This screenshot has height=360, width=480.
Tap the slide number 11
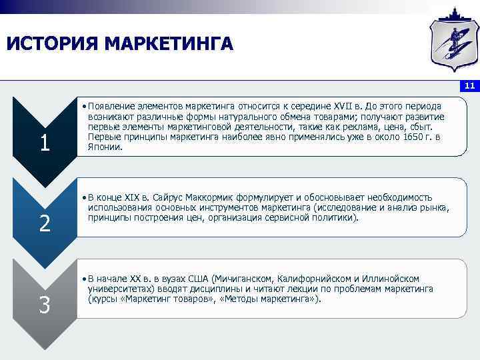[469, 86]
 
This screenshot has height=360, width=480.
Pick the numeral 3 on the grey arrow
[45, 305]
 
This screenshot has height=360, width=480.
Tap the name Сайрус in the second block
[170, 197]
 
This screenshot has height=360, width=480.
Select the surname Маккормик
[216, 197]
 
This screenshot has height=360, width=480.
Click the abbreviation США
[198, 278]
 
